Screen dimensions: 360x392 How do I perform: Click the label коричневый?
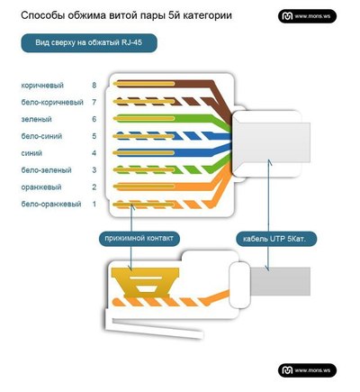(42, 86)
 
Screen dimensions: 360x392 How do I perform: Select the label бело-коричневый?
(52, 103)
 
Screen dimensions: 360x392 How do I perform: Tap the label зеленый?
(36, 119)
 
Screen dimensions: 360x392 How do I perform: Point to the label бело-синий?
(41, 136)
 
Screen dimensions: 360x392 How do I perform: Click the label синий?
(31, 153)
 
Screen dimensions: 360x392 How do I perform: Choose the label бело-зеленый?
(46, 170)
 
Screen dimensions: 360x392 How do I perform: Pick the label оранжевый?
(41, 187)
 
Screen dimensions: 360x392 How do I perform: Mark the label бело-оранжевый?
(51, 205)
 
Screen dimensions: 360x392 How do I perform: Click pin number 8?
(94, 86)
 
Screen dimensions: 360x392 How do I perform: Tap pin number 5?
(94, 136)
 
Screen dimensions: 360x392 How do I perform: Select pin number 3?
(94, 170)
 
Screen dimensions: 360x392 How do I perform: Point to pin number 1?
(94, 205)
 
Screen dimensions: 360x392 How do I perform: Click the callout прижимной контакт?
(139, 239)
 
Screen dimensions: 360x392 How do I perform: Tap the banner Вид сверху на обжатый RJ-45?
(89, 42)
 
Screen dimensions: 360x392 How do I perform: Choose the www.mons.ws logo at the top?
(307, 16)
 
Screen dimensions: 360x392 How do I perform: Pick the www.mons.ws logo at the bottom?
(307, 370)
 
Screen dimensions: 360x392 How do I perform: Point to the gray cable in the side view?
(280, 281)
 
